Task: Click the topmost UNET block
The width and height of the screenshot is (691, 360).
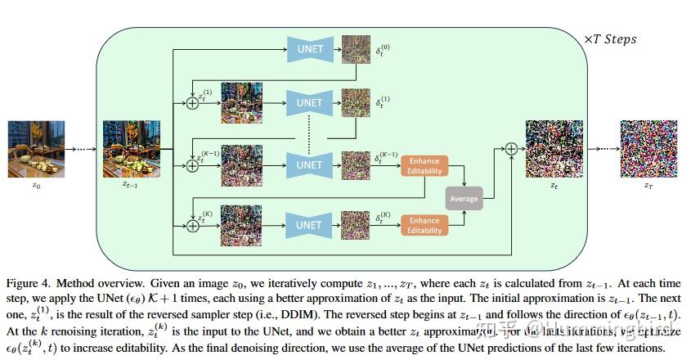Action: click(x=310, y=49)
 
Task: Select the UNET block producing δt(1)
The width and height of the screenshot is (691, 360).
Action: click(x=310, y=103)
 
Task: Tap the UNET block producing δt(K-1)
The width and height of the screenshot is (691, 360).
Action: click(x=310, y=164)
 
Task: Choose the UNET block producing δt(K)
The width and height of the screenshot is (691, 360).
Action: click(x=309, y=224)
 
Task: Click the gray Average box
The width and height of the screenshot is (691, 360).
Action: click(x=464, y=197)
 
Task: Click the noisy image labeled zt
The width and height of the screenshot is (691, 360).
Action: click(x=554, y=149)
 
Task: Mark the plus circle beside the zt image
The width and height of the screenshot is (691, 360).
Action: click(x=511, y=148)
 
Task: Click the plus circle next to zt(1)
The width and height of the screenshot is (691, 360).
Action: click(x=193, y=104)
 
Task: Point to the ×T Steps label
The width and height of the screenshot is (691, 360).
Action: click(x=609, y=39)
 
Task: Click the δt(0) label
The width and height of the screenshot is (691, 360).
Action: click(x=383, y=49)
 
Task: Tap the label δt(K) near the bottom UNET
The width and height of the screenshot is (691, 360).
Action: click(x=384, y=219)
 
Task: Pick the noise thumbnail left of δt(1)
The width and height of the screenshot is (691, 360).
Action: click(x=355, y=104)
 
